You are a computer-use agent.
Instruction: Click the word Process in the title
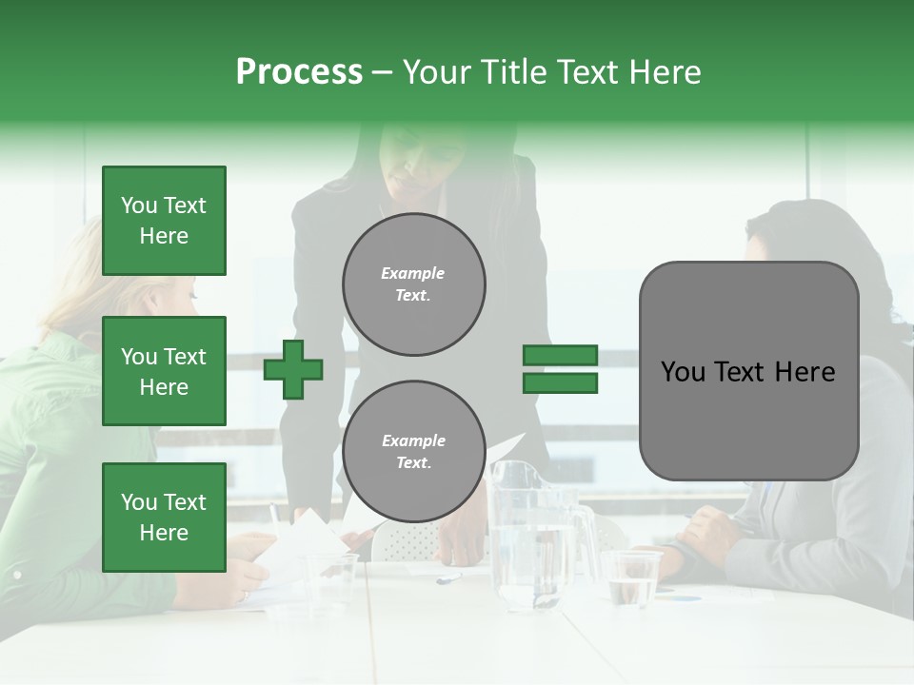[x=299, y=72]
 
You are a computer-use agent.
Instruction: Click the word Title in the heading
[x=512, y=72]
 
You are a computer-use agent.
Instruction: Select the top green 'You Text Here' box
[x=164, y=221]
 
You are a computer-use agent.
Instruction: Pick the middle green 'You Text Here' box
[x=164, y=371]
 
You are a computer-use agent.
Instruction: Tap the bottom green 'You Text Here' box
[x=164, y=517]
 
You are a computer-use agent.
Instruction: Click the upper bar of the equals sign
[x=560, y=356]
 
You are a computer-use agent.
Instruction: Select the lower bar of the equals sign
[x=560, y=382]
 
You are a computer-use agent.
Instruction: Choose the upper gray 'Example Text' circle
[x=414, y=284]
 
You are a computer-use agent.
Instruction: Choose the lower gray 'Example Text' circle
[x=414, y=451]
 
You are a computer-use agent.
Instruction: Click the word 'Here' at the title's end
[x=663, y=72]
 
